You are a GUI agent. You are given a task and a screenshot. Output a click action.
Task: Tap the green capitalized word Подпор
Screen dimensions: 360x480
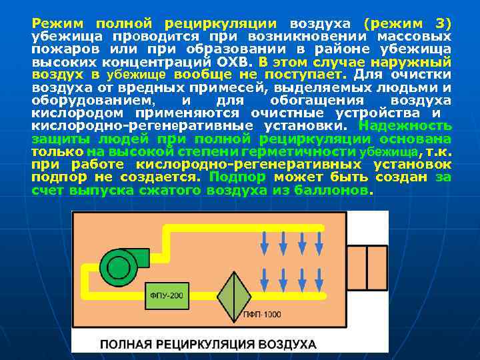click(237, 177)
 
